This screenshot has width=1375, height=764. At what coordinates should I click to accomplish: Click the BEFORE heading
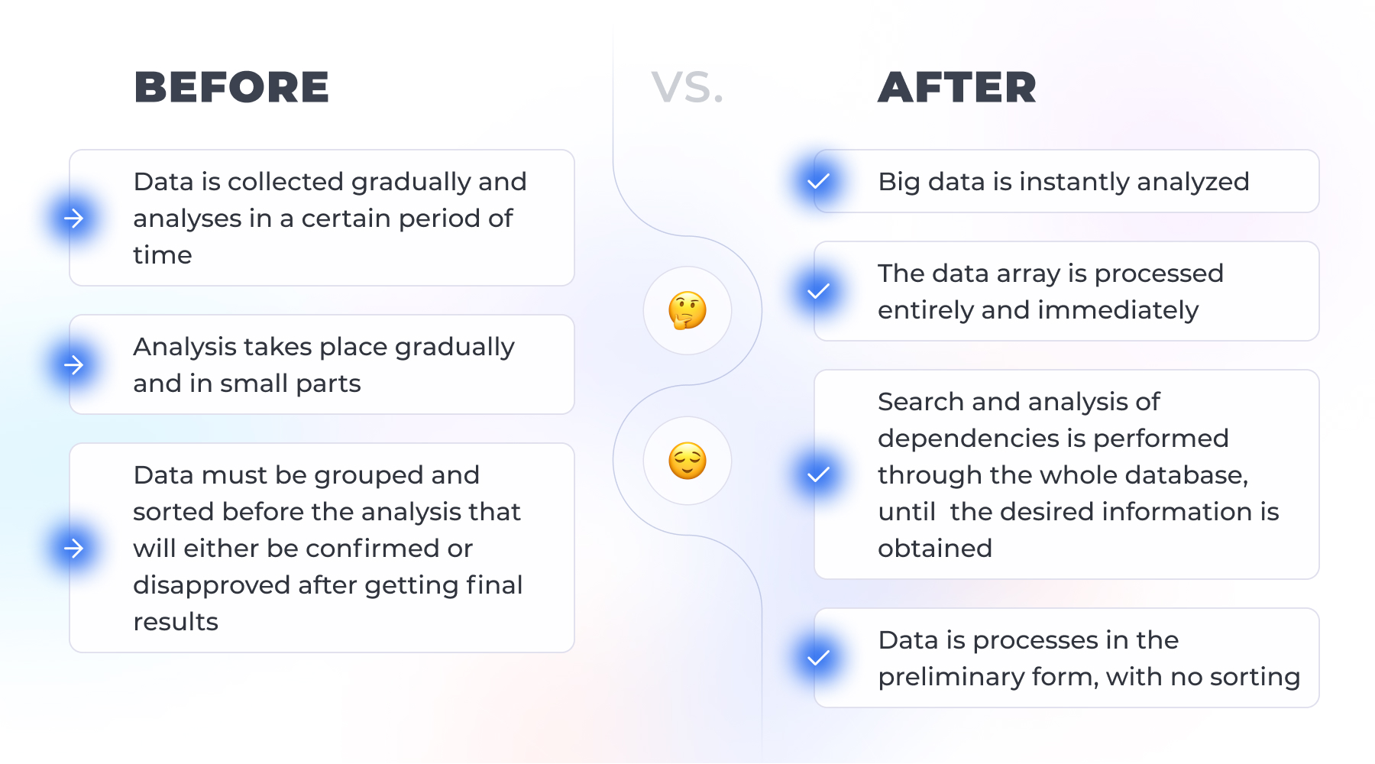click(x=231, y=87)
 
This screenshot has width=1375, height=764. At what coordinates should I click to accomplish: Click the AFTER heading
click(x=957, y=87)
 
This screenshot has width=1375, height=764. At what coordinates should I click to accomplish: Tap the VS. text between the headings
click(x=687, y=87)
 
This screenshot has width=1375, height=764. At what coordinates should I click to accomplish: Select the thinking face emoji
click(x=687, y=310)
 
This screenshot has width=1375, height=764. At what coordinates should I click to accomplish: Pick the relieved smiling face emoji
click(x=687, y=461)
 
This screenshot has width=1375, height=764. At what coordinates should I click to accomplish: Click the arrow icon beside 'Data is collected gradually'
click(x=74, y=219)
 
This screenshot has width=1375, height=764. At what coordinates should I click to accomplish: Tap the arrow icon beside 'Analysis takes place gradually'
click(x=74, y=365)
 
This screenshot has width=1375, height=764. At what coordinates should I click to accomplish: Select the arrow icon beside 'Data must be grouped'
click(x=74, y=549)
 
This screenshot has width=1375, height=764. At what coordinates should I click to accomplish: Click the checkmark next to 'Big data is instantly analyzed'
click(x=819, y=182)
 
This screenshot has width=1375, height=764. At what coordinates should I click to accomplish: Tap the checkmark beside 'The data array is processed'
click(x=819, y=292)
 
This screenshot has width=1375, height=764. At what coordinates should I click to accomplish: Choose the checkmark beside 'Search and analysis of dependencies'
click(x=819, y=475)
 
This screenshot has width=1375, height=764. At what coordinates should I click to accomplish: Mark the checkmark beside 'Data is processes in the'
click(x=819, y=659)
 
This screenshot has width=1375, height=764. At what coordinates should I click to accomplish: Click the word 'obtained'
click(x=935, y=549)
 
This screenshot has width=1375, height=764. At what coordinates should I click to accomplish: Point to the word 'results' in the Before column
click(x=176, y=622)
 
